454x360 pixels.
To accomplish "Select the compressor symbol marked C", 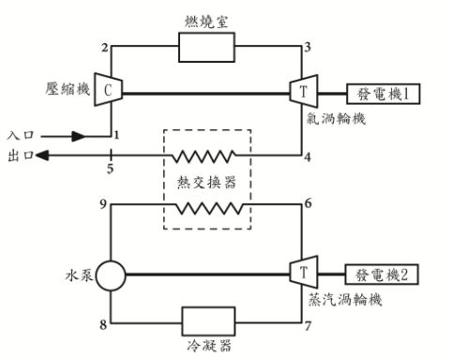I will [110, 91].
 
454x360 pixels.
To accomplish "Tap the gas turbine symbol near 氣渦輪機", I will [303, 91].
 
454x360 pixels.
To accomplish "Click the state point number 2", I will [104, 48].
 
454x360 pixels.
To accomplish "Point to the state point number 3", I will [308, 48].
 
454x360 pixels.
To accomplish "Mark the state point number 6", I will [308, 202].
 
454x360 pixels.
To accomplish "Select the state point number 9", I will [104, 202].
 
